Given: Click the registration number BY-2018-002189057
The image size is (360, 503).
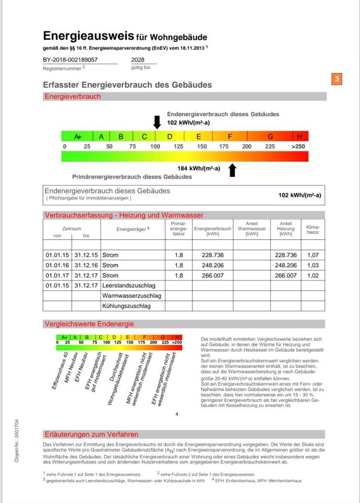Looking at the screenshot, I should (70, 60).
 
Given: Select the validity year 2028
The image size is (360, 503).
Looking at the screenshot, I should (138, 60).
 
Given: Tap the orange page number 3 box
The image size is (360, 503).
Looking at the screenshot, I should (337, 80).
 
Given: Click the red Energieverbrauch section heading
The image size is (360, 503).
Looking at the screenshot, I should (73, 96).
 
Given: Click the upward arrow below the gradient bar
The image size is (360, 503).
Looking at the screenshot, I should (233, 169).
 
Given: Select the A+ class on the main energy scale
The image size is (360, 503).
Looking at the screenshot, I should (78, 136).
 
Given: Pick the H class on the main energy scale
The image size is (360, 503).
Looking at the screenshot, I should (300, 136).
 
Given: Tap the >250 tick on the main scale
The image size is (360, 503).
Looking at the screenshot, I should (298, 146).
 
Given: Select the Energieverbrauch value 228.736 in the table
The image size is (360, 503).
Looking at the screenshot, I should (212, 255).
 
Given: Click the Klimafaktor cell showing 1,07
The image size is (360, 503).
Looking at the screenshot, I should (312, 255).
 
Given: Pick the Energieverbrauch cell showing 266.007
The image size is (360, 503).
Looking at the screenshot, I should (212, 275).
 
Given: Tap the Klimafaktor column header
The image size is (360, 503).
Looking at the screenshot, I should (312, 229).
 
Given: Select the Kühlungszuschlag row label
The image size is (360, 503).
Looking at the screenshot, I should (126, 305).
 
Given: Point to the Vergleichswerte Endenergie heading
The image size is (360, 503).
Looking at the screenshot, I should (89, 324).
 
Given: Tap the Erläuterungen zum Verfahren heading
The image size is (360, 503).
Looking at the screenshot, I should (91, 434).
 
